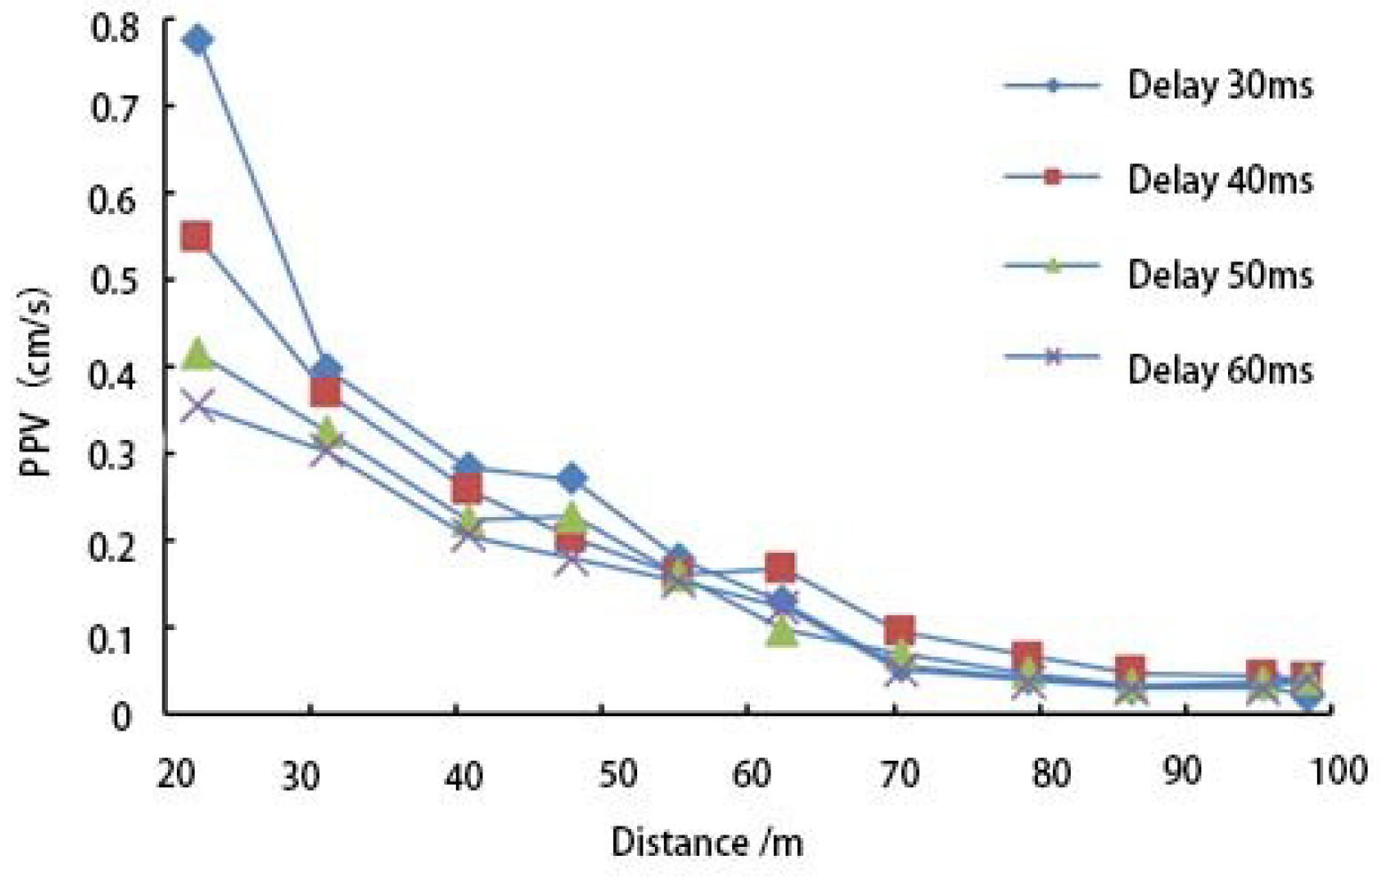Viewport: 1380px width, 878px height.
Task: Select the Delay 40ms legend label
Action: (x=1219, y=180)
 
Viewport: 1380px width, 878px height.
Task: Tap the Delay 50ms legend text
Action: (x=1219, y=275)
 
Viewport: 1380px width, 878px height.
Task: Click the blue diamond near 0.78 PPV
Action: (x=197, y=40)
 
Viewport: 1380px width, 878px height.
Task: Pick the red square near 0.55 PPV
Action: (x=195, y=236)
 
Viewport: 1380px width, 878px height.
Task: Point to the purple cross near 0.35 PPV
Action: (x=197, y=406)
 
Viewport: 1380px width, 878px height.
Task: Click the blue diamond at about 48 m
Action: (x=571, y=479)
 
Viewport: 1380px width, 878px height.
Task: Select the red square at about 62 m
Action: (x=780, y=566)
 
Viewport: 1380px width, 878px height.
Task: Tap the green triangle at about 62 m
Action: (x=781, y=631)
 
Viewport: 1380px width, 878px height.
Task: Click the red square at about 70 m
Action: (x=899, y=631)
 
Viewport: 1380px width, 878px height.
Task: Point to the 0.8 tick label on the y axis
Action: (x=115, y=28)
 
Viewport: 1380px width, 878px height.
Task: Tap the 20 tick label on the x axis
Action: (x=176, y=774)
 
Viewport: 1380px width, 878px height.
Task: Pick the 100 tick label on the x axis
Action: (x=1338, y=770)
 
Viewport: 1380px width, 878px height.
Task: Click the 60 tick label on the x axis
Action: (x=752, y=774)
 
